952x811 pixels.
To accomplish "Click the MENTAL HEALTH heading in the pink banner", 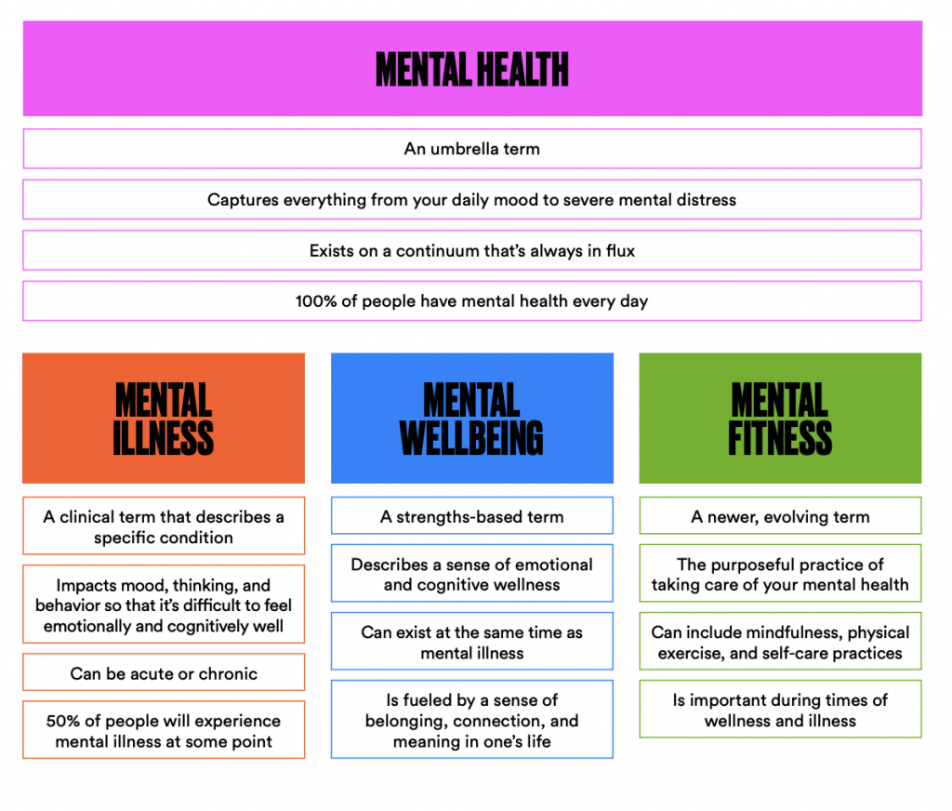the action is pyautogui.click(x=471, y=69).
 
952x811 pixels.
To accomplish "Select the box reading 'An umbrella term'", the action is pyautogui.click(x=472, y=149).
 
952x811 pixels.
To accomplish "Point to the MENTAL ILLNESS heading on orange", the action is pyautogui.click(x=164, y=419).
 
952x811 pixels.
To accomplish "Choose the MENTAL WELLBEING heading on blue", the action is pyautogui.click(x=471, y=419).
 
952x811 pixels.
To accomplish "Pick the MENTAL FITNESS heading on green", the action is pyautogui.click(x=780, y=419).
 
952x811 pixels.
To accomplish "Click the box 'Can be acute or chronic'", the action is pyautogui.click(x=164, y=672).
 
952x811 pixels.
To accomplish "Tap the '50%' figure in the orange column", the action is pyautogui.click(x=63, y=721).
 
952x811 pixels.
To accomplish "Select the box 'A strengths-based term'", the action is pyautogui.click(x=472, y=516).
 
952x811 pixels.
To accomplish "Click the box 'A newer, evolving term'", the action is pyautogui.click(x=780, y=516).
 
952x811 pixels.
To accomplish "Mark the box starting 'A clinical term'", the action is pyautogui.click(x=164, y=526).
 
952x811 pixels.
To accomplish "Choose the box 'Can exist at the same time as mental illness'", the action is pyautogui.click(x=472, y=642).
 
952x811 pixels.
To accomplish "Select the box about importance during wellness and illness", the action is pyautogui.click(x=780, y=709).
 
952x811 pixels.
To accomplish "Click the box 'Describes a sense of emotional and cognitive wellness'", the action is pyautogui.click(x=472, y=574).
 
